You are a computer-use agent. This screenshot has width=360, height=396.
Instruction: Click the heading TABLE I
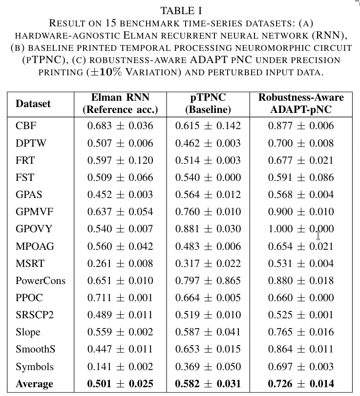[x=181, y=10]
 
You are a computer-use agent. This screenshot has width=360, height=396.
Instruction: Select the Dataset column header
[x=33, y=104]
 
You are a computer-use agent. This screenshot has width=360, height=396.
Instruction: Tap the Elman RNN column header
[x=120, y=103]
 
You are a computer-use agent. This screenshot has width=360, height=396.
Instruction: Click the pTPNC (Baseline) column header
[x=208, y=103]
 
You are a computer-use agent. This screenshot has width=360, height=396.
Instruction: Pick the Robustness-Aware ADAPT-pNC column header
[x=301, y=103]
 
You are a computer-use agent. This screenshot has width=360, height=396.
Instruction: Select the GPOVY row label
[x=33, y=229]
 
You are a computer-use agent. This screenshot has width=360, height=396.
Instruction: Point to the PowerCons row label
[x=40, y=281]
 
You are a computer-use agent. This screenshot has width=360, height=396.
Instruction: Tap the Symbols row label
[x=34, y=367]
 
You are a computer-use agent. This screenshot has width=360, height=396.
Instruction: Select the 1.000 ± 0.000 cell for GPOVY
[x=301, y=229]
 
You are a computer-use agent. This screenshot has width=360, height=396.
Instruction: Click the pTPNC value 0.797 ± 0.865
[x=208, y=281]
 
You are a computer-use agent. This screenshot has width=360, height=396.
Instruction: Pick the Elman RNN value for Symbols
[x=120, y=367]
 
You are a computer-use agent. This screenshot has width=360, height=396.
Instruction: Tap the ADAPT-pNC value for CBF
[x=301, y=126]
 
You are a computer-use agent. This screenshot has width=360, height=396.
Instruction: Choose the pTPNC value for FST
[x=208, y=177]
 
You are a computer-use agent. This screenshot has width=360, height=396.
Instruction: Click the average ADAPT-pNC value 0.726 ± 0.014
[x=301, y=384]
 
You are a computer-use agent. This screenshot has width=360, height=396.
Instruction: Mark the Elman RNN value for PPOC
[x=120, y=298]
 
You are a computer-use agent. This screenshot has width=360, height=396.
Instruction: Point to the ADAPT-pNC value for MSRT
[x=301, y=264]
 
